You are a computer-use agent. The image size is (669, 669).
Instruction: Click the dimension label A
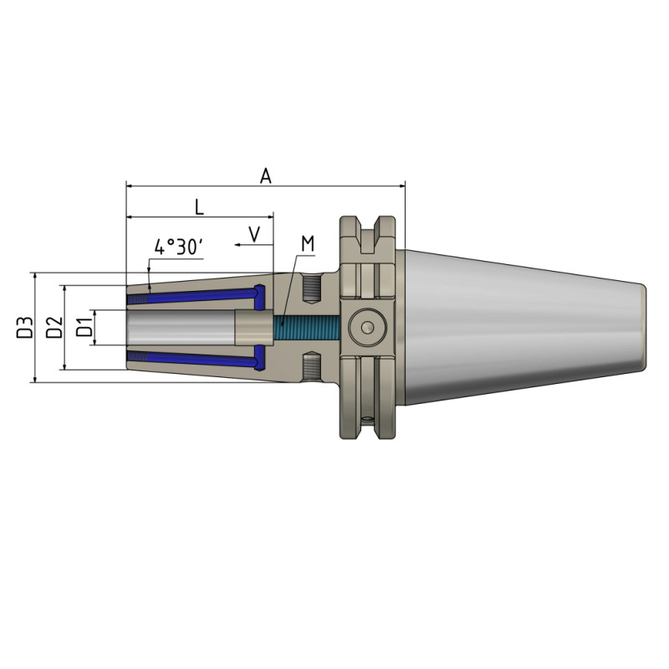point(266,175)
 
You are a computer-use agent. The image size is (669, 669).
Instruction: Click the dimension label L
point(198,206)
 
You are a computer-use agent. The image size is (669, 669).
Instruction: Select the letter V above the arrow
point(254,232)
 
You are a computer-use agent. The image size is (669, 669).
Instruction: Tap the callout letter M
point(307,243)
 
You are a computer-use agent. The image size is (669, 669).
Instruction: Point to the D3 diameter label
point(25,327)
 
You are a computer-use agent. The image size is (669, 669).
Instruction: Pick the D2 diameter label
point(54,327)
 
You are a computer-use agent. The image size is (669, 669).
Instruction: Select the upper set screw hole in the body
point(311,288)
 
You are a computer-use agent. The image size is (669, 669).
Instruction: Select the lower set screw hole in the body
point(311,365)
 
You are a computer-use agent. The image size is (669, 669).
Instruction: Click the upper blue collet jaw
point(197,295)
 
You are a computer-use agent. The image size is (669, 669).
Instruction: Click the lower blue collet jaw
point(197,359)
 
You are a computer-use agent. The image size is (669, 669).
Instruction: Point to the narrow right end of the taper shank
point(642,327)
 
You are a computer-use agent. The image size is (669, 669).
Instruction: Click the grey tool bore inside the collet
point(180,327)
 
